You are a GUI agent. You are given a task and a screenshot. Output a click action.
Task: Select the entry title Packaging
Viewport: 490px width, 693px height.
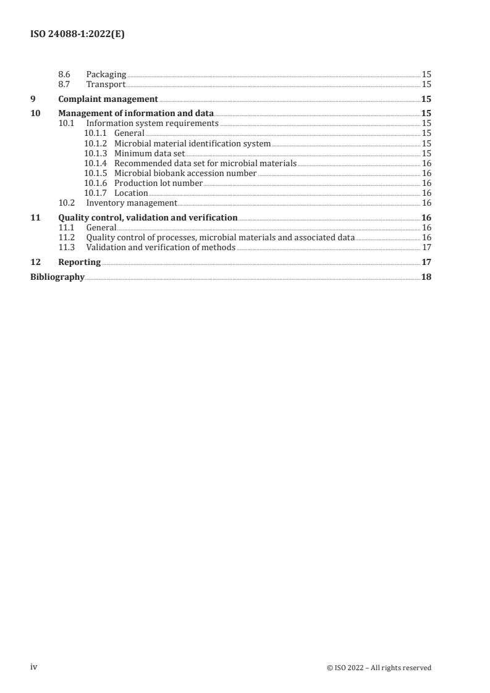pos(106,74)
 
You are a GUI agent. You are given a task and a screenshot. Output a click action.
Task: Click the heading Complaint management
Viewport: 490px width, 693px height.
pos(108,99)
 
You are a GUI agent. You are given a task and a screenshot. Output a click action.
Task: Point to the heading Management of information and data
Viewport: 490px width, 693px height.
pos(136,113)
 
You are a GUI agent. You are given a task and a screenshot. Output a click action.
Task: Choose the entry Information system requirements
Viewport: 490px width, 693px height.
pos(152,123)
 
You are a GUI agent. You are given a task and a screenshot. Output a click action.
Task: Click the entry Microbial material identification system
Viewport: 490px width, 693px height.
pos(192,143)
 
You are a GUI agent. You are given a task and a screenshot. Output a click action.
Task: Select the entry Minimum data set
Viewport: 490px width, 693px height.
pos(150,153)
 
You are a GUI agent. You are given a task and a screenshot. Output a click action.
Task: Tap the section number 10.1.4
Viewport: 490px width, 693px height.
pos(95,163)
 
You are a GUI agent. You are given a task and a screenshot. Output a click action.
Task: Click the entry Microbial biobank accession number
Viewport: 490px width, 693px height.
pos(185,173)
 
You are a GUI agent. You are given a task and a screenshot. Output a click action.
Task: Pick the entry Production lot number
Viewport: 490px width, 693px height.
pos(159,183)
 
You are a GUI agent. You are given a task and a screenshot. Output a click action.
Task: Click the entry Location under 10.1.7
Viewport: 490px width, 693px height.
pos(131,193)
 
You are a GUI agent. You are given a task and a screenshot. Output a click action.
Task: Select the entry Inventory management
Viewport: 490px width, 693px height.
pos(132,203)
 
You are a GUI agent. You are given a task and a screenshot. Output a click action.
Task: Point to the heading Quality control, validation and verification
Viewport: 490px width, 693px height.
pos(148,217)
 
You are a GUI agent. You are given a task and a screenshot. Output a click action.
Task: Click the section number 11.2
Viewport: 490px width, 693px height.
pos(66,237)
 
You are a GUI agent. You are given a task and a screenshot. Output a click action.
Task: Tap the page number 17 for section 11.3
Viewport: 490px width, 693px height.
pos(426,247)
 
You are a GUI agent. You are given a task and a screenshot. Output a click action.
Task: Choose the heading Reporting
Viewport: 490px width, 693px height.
pos(79,262)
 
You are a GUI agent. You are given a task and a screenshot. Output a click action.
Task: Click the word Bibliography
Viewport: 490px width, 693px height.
pos(57,277)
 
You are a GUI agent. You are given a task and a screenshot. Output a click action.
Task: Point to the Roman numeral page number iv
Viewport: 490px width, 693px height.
pos(35,667)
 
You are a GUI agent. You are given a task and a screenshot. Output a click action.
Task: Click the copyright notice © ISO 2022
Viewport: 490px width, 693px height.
pos(379,668)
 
